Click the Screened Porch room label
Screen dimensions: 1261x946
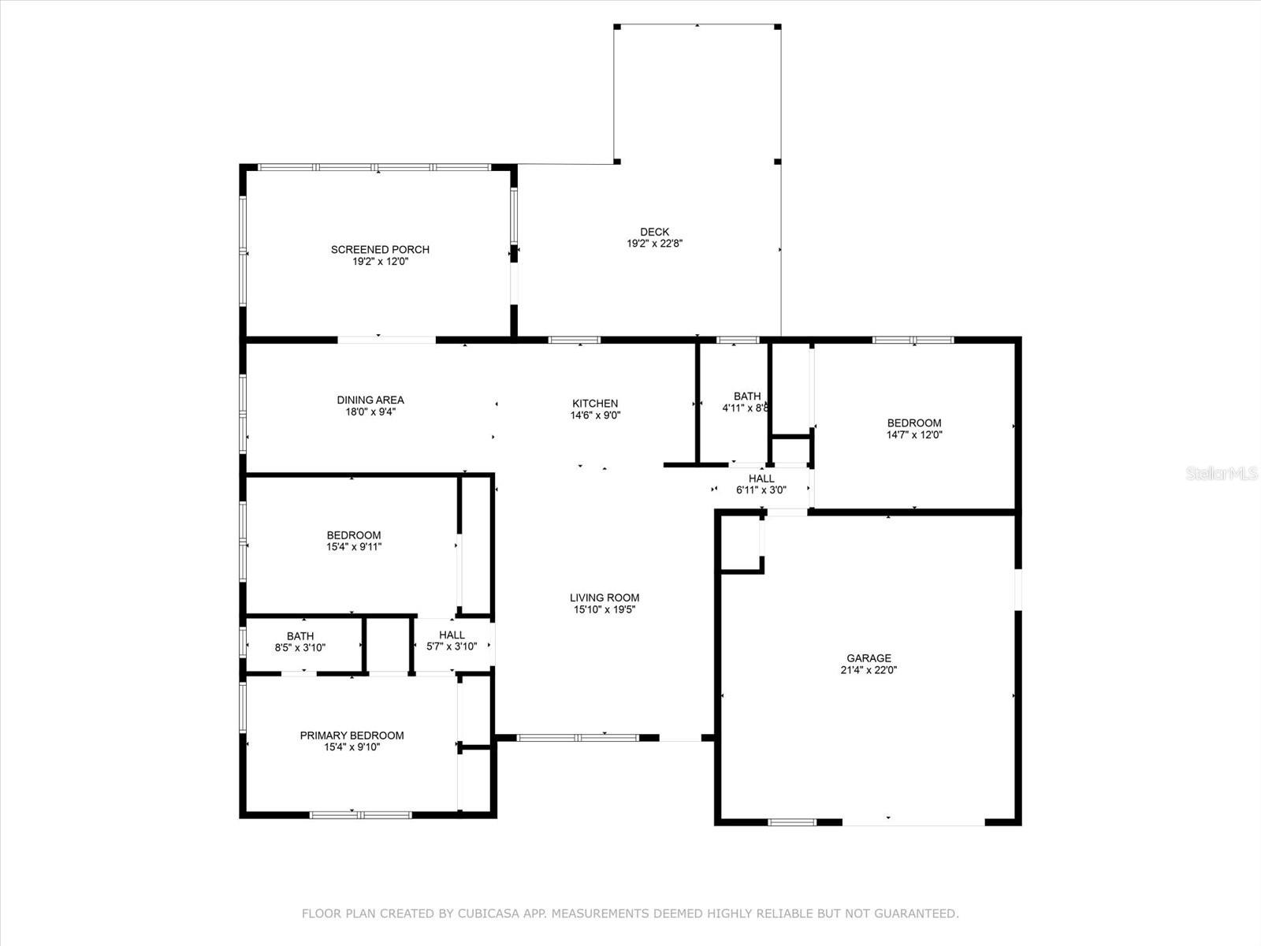[x=380, y=250]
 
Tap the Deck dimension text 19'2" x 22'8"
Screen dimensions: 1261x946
[x=654, y=244]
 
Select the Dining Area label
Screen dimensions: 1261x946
[x=370, y=400]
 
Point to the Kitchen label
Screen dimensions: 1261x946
[x=595, y=403]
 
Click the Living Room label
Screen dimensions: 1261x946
[x=604, y=598]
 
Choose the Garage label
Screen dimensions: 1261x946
[x=869, y=658]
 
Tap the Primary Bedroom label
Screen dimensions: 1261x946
[x=352, y=736]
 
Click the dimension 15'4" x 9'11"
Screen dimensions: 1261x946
[x=354, y=547]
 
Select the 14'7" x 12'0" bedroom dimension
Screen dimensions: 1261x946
[x=914, y=435]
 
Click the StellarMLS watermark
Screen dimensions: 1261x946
[x=1222, y=473]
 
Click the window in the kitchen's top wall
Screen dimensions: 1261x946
[x=575, y=340]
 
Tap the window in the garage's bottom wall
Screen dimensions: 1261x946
[x=791, y=822]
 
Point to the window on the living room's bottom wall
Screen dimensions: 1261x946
[x=578, y=738]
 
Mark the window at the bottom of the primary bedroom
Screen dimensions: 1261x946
[x=361, y=815]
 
